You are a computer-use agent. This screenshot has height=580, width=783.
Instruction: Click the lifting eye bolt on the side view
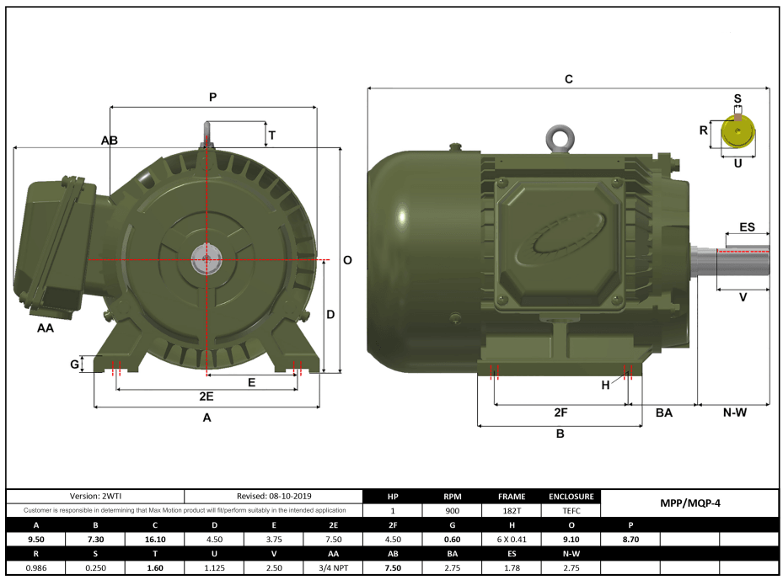[x=557, y=138]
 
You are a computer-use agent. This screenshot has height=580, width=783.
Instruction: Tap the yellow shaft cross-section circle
[x=738, y=132]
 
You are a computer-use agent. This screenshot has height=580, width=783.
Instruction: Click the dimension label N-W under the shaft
[x=734, y=412]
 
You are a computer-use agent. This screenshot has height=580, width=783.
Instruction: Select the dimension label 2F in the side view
[x=560, y=412]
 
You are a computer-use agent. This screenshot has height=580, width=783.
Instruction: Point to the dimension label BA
[x=664, y=412]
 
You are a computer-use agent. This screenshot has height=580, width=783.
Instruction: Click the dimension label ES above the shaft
[x=747, y=228]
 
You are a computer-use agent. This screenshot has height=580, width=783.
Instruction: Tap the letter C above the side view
[x=569, y=79]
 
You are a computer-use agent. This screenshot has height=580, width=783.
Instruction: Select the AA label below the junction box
[x=46, y=328]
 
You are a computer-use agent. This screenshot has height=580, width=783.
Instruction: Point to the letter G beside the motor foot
[x=75, y=364]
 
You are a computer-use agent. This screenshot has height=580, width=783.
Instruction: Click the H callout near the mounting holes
[x=604, y=385]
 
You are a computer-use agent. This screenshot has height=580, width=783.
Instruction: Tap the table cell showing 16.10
[x=154, y=539]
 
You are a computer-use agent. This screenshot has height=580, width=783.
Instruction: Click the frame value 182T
[x=511, y=510]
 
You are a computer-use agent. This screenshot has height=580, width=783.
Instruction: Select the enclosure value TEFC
[x=571, y=510]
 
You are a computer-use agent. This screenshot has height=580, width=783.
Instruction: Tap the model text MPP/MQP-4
[x=689, y=503]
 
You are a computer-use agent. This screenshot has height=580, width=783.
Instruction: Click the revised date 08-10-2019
[x=273, y=497]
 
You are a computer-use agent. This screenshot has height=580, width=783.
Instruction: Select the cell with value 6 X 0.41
[x=511, y=539]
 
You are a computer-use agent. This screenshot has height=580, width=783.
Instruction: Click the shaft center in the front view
[x=206, y=260]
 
